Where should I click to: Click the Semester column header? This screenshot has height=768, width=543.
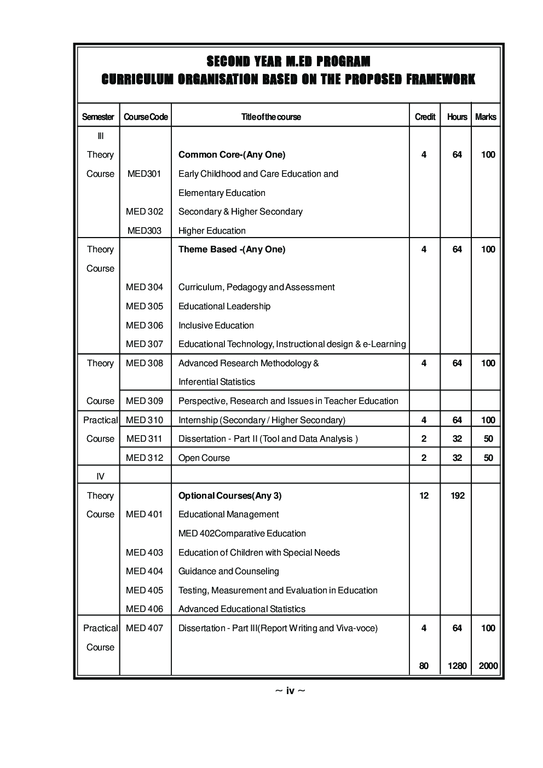pyautogui.click(x=98, y=117)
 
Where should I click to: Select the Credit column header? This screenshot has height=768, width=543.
pyautogui.click(x=425, y=117)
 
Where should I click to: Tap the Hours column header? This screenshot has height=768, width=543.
pyautogui.click(x=457, y=117)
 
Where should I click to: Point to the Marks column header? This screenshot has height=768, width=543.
pyautogui.click(x=486, y=117)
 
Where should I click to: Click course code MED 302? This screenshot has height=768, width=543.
pyautogui.click(x=145, y=211)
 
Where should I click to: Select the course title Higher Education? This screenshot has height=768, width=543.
pyautogui.click(x=212, y=230)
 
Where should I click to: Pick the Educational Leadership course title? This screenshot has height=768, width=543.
pyautogui.click(x=224, y=306)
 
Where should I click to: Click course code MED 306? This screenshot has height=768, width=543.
pyautogui.click(x=145, y=325)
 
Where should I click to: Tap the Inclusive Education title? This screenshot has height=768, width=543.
pyautogui.click(x=216, y=325)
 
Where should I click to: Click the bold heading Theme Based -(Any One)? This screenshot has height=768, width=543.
pyautogui.click(x=232, y=249)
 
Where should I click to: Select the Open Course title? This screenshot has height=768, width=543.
pyautogui.click(x=204, y=458)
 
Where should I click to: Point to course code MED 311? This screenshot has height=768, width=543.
pyautogui.click(x=145, y=438)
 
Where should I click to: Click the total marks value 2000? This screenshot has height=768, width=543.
pyautogui.click(x=488, y=666)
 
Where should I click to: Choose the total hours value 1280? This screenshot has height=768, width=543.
pyautogui.click(x=457, y=666)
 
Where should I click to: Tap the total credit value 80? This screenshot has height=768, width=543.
pyautogui.click(x=424, y=666)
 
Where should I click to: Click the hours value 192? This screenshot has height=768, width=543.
pyautogui.click(x=457, y=495)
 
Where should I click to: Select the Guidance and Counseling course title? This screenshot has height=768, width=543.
pyautogui.click(x=229, y=571)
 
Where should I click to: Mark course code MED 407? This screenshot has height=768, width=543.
pyautogui.click(x=145, y=628)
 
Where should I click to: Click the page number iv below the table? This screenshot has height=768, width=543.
pyautogui.click(x=290, y=691)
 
